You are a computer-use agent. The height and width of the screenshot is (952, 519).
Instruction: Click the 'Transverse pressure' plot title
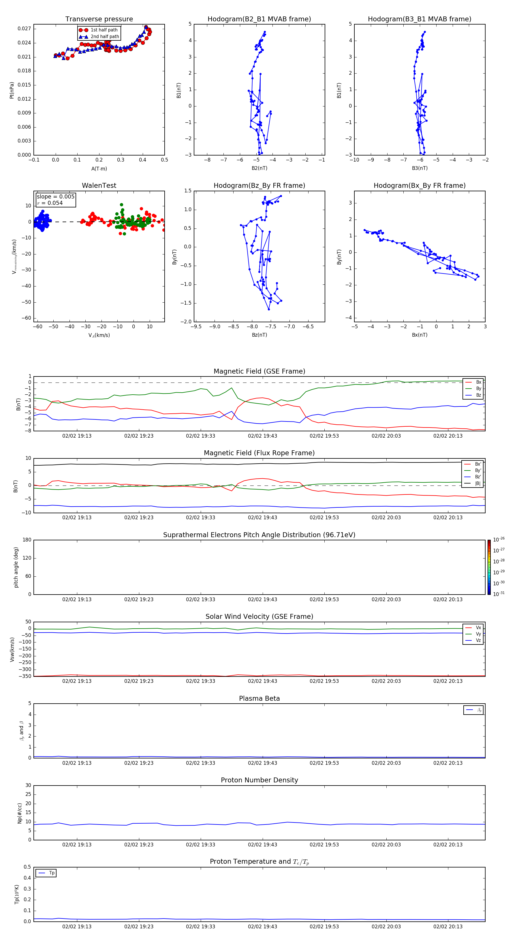[99, 19]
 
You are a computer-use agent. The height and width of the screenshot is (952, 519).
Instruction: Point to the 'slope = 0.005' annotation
[55, 197]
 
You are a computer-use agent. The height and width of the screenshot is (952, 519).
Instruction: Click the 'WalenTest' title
[99, 185]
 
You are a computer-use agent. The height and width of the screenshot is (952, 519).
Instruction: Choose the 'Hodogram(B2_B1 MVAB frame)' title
[259, 19]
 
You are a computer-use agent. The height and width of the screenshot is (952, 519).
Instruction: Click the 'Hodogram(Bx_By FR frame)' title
[419, 185]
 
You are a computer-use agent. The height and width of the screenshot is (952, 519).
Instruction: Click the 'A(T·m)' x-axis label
[99, 169]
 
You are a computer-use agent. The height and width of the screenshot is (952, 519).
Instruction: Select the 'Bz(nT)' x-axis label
[259, 335]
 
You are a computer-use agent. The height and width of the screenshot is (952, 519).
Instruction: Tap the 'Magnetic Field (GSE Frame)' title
[259, 371]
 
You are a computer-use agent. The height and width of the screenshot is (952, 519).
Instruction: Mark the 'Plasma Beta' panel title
[259, 698]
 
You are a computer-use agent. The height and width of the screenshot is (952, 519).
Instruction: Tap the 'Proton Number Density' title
[259, 780]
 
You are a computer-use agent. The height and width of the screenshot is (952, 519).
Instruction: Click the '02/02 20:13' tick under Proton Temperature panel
[448, 927]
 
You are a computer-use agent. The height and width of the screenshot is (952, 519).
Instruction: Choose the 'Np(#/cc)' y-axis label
[20, 813]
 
